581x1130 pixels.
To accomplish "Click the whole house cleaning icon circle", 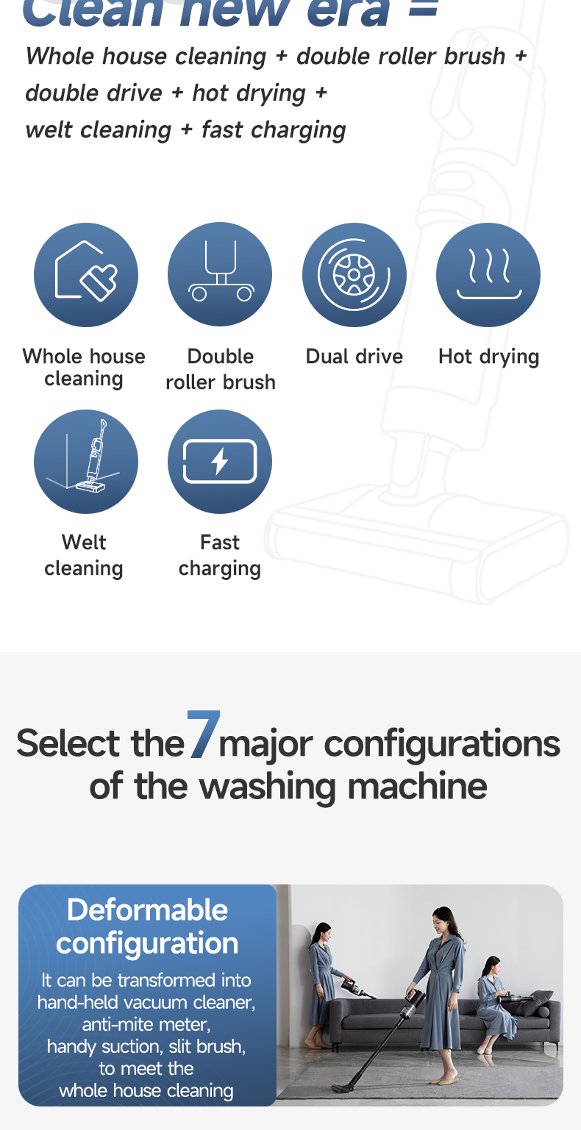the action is pyautogui.click(x=86, y=275).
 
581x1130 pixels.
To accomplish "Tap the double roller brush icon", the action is pyautogui.click(x=220, y=275).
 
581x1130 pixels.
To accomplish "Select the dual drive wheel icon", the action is pyautogui.click(x=354, y=275).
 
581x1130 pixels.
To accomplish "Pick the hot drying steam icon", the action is pyautogui.click(x=488, y=275).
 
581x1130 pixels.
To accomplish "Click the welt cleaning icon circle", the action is pyautogui.click(x=86, y=462).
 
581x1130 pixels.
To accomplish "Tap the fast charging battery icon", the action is pyautogui.click(x=220, y=462).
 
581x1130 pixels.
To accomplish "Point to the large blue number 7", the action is pyautogui.click(x=203, y=734).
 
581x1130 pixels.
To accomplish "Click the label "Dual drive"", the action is pyautogui.click(x=354, y=357).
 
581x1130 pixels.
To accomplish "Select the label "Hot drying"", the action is pyautogui.click(x=488, y=357).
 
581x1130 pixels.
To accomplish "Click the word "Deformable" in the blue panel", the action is pyautogui.click(x=147, y=910).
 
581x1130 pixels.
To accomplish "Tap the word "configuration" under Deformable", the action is pyautogui.click(x=147, y=943).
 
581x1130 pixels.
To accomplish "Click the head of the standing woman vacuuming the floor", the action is pyautogui.click(x=442, y=920).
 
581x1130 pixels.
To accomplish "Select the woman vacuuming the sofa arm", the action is pyautogui.click(x=321, y=984).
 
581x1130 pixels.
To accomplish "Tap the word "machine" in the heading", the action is pyautogui.click(x=418, y=786).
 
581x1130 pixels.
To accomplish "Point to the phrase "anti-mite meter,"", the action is pyautogui.click(x=146, y=1024).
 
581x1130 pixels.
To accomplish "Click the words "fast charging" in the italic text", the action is pyautogui.click(x=274, y=130).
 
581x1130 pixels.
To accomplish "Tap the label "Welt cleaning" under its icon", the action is pyautogui.click(x=84, y=555).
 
